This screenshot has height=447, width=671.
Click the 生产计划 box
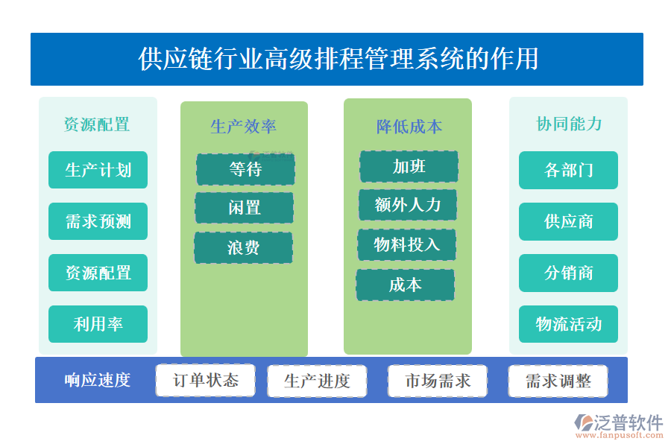click(98, 170)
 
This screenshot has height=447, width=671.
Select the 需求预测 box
click(98, 221)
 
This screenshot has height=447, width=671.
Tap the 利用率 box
click(98, 324)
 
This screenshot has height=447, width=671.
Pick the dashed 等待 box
click(245, 169)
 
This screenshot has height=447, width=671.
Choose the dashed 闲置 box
click(244, 208)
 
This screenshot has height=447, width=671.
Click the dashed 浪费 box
click(243, 247)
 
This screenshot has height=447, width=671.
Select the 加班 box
click(409, 166)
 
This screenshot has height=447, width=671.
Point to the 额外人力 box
click(407, 205)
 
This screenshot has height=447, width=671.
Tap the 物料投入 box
click(406, 244)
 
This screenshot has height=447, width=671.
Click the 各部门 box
click(568, 170)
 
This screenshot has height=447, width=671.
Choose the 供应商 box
click(568, 221)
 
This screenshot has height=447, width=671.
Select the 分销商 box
click(568, 273)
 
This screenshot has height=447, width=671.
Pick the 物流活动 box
click(568, 324)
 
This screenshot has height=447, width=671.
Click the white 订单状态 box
click(205, 381)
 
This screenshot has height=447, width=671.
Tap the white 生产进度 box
click(317, 381)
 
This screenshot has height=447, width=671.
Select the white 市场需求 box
click(438, 381)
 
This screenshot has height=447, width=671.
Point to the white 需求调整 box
click(558, 381)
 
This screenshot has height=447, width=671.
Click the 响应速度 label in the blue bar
click(98, 380)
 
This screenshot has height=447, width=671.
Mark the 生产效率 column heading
click(243, 127)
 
